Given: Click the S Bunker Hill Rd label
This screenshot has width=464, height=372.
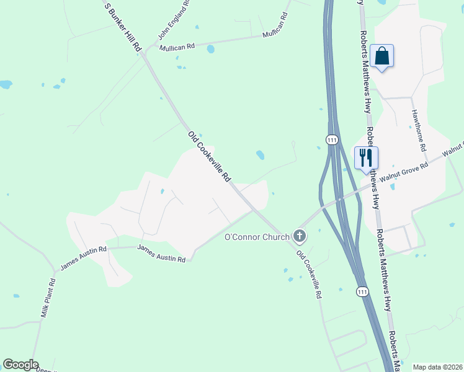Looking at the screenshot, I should pyautogui.click(x=123, y=27).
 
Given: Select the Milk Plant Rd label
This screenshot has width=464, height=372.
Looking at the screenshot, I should pyautogui.click(x=48, y=298).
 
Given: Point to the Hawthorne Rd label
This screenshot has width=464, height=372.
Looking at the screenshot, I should pyautogui.click(x=418, y=131).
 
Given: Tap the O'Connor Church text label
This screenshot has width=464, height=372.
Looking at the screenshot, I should pyautogui.click(x=257, y=236).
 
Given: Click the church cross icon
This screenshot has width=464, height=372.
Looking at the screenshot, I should pyautogui.click(x=300, y=236).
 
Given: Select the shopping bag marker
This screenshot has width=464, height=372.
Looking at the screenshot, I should pyautogui.click(x=381, y=56).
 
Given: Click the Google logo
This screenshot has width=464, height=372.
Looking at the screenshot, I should pyautogui.click(x=20, y=365).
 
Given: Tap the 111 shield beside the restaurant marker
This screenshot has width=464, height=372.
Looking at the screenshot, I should pyautogui.click(x=332, y=139).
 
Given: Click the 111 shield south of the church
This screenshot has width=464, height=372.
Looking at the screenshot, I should pyautogui.click(x=362, y=291).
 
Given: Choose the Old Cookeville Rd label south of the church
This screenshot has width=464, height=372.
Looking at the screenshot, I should pyautogui.click(x=309, y=275).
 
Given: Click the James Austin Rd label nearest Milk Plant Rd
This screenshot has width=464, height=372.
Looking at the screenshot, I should pyautogui.click(x=84, y=258).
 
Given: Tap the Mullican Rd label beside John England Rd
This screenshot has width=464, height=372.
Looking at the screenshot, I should pyautogui.click(x=177, y=46).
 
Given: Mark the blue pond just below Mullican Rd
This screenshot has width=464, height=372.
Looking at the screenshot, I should pyautogui.click(x=211, y=49).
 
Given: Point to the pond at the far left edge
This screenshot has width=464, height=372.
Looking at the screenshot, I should pyautogui.click(x=5, y=84).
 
